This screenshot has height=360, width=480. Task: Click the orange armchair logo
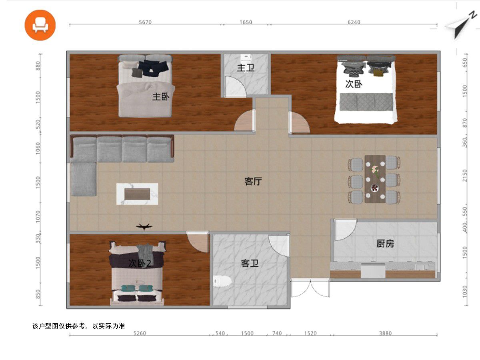(x=40, y=25)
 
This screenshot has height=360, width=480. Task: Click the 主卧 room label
(x=161, y=97)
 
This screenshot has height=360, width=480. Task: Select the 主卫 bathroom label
(x=246, y=68)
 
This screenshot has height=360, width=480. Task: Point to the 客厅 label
(x=253, y=182)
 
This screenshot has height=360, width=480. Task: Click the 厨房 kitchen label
(x=385, y=244)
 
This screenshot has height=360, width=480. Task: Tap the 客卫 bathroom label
(x=250, y=263)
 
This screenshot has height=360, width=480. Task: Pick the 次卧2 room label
(x=140, y=263)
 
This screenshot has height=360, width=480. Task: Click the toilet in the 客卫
(x=222, y=281)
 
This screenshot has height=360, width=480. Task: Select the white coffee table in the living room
(x=137, y=194)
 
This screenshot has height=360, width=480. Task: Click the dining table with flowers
(x=375, y=179)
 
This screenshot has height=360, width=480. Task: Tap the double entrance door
(x=310, y=288)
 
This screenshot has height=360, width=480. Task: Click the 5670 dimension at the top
(x=145, y=22)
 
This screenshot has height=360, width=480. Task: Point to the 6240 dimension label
(x=354, y=22)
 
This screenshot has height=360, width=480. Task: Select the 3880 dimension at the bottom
(x=385, y=333)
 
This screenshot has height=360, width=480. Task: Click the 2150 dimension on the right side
(x=465, y=176)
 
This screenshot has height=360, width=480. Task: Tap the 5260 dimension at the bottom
(x=140, y=333)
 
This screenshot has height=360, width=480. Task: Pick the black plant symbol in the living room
(x=144, y=226)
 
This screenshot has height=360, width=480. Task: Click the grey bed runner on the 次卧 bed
(x=366, y=102)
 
